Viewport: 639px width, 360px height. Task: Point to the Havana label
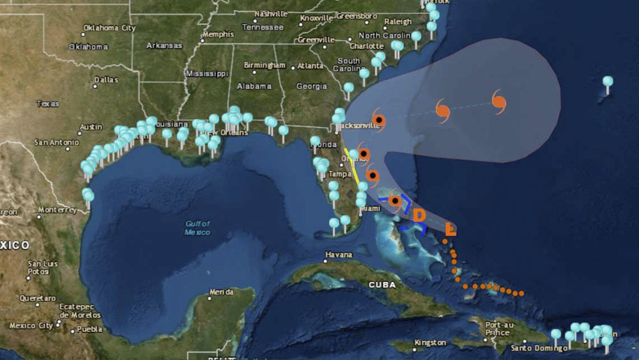(339, 254)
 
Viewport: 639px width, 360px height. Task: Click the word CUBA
(381, 285)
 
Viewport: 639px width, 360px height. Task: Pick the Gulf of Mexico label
(197, 228)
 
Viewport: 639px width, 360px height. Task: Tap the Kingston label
(430, 343)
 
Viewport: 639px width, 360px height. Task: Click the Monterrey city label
(57, 210)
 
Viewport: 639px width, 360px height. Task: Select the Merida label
(221, 292)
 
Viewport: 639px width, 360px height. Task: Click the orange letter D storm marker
(419, 215)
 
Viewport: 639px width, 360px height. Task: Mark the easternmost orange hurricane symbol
(499, 100)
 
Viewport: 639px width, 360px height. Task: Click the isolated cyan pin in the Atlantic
(608, 82)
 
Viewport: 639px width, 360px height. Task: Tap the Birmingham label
(264, 65)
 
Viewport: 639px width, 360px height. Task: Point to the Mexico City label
(31, 325)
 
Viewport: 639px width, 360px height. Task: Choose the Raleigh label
(398, 21)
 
